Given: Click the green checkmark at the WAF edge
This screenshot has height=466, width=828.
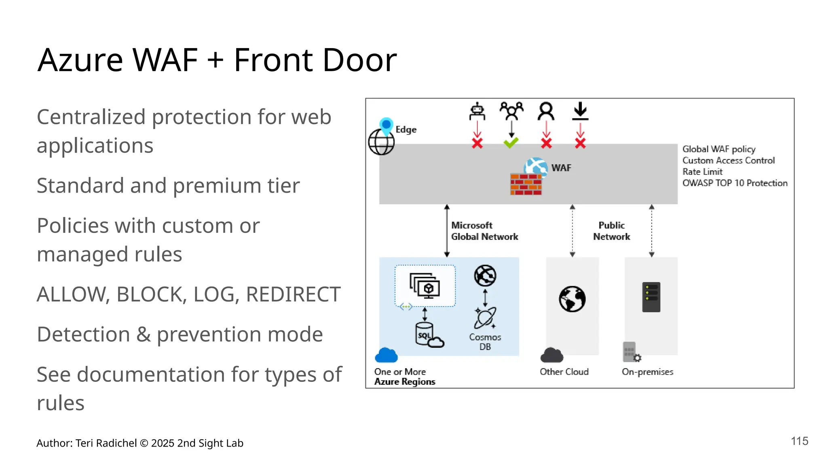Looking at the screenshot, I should [511, 142].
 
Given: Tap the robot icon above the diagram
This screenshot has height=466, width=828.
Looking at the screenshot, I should [477, 111].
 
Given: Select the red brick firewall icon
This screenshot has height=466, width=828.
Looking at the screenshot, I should [526, 184].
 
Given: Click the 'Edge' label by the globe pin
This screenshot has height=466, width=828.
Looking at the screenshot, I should [406, 129].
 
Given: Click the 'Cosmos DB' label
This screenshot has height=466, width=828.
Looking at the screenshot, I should [485, 342].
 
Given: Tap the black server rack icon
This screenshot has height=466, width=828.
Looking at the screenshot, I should [651, 297].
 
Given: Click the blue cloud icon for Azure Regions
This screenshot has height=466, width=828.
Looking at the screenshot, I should [386, 355].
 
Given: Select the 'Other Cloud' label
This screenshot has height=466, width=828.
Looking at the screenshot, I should [564, 372].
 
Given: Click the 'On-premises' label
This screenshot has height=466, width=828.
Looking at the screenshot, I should [647, 372].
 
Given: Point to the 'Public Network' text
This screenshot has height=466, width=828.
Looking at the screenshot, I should [611, 231].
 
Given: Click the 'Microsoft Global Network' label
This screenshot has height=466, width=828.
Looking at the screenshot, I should [484, 231].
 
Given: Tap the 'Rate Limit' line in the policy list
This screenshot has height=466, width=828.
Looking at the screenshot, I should [702, 172].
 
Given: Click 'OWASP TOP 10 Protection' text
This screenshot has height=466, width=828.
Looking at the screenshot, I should [735, 183].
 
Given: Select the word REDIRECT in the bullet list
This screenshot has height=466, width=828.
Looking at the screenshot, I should [293, 294].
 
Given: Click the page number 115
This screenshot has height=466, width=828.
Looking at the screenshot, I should [799, 441].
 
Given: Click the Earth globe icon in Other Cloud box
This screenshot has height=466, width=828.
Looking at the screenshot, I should [572, 299].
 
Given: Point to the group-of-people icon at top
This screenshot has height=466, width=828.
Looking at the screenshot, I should [511, 111].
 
